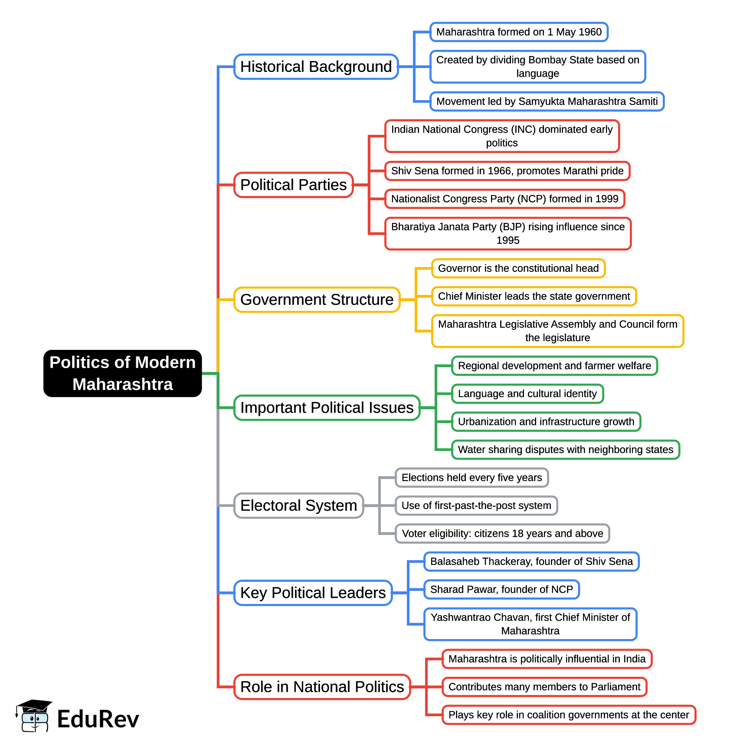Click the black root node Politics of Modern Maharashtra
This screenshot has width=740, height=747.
point(123,373)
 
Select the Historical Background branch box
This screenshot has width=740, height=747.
point(316,67)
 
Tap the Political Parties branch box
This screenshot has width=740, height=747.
point(294,185)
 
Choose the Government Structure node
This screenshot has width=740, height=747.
point(317,300)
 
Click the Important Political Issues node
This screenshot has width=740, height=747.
point(327,408)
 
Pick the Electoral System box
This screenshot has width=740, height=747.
point(298,506)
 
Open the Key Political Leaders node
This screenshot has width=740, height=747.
point(313,593)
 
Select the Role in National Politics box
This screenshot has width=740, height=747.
point(322,687)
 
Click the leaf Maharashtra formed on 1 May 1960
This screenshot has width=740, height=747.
point(519,32)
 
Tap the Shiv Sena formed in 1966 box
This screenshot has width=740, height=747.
point(507,171)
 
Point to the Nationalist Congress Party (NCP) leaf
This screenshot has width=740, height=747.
point(504,199)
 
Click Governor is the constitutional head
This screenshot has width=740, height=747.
point(518,268)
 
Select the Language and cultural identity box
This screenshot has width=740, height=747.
point(527,394)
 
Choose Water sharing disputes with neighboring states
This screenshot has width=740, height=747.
point(566,450)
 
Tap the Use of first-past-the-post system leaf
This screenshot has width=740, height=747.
point(476,506)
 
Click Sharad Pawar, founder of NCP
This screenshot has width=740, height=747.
point(501,590)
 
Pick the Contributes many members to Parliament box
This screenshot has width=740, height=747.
point(544,687)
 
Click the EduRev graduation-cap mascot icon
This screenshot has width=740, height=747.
point(33,716)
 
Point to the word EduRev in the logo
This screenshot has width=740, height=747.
point(98,719)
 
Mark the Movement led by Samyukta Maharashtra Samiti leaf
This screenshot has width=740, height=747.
point(547,101)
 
